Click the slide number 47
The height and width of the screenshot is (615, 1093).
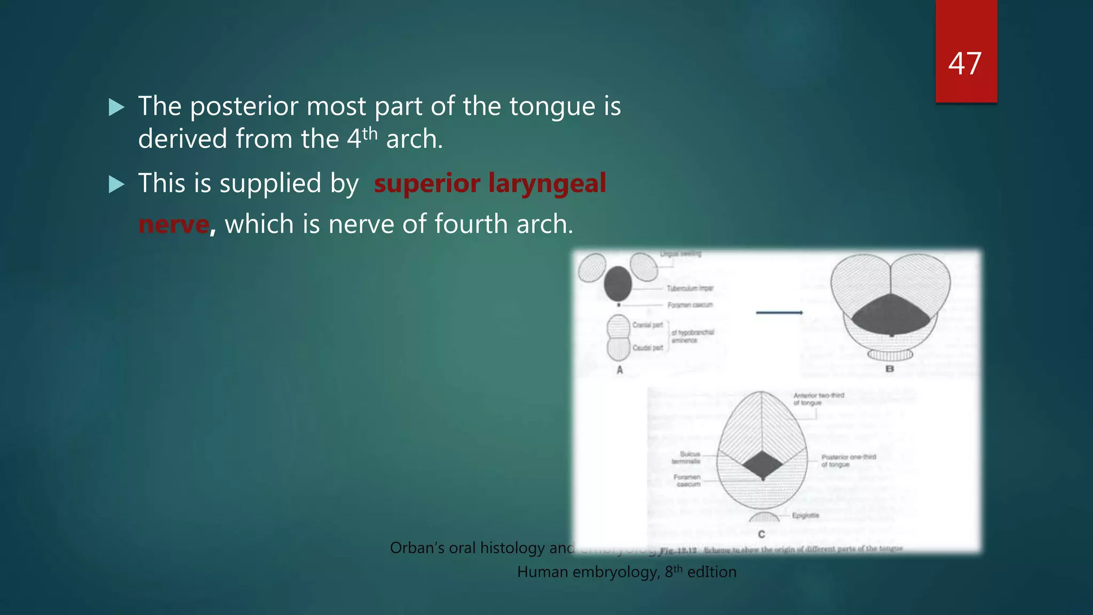[965, 64]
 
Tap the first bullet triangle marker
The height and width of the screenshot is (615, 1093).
[116, 107]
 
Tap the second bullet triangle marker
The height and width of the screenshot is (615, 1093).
[116, 185]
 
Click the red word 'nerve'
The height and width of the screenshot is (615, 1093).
[173, 224]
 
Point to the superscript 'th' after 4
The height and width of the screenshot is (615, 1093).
[370, 133]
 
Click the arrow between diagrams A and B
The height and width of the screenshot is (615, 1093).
[779, 312]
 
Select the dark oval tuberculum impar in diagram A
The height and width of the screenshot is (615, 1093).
[617, 283]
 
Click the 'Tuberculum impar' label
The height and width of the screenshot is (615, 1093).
[690, 288]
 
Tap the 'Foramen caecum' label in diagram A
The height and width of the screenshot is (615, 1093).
[690, 305]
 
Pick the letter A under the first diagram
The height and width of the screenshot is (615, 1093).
[620, 369]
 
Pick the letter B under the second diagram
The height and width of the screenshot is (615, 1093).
[890, 369]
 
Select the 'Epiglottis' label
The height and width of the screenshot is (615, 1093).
[805, 515]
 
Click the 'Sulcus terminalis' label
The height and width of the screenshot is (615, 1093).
[687, 458]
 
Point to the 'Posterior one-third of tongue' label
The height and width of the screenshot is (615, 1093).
[848, 461]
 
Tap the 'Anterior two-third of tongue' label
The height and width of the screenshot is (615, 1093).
[818, 399]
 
